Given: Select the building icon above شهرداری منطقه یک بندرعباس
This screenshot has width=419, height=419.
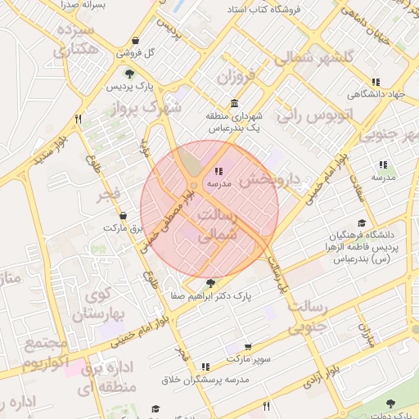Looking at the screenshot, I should click(x=235, y=104).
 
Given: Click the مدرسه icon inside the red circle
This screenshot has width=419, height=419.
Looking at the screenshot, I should click(x=219, y=172).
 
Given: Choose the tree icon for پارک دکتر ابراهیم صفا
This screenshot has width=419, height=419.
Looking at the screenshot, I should click(x=211, y=282).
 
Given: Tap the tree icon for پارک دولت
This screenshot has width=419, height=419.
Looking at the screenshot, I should click(x=390, y=403).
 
